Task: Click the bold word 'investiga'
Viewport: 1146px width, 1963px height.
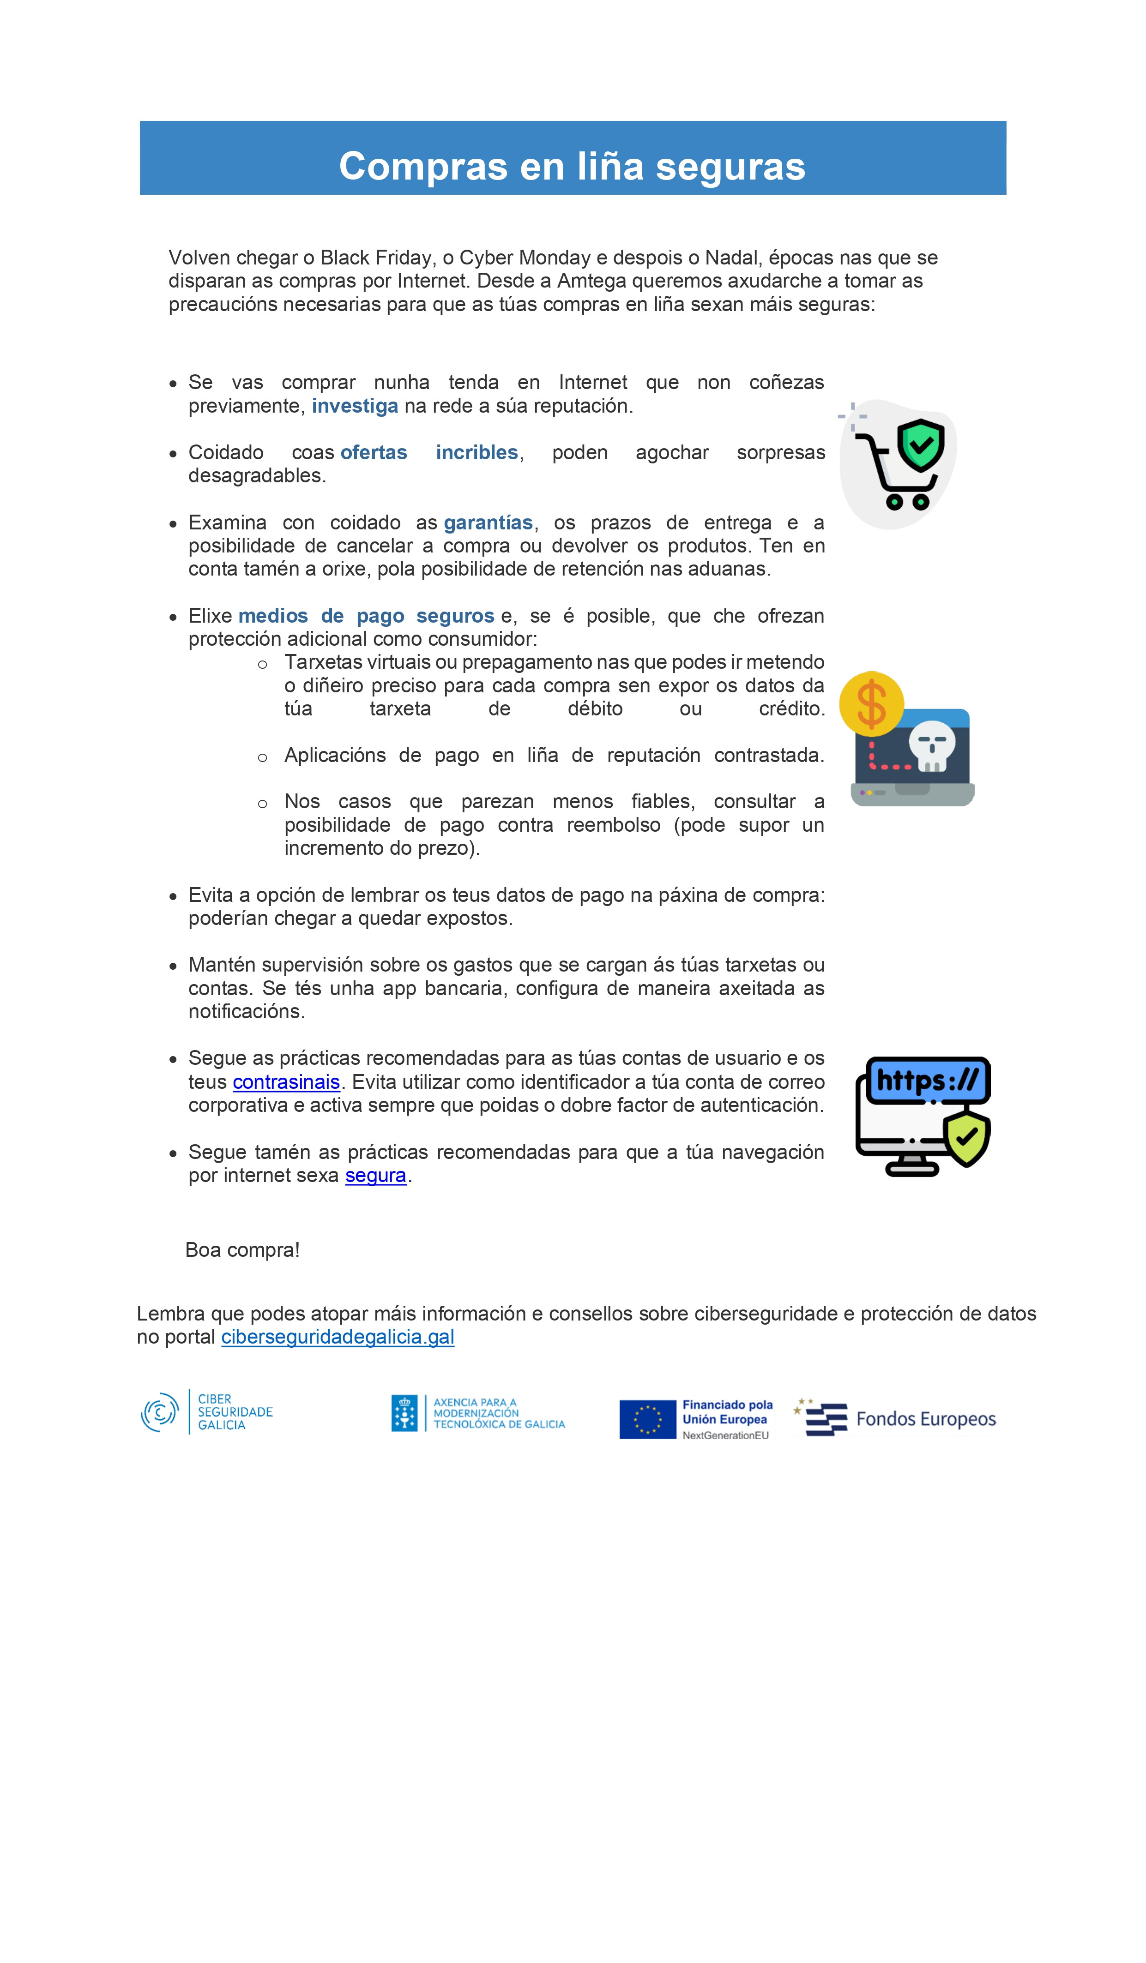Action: pos(355,406)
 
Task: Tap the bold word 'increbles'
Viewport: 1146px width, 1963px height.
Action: pos(477,453)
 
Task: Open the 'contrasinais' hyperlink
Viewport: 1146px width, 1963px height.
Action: pos(286,1082)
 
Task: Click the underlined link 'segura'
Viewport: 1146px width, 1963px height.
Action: pos(375,1176)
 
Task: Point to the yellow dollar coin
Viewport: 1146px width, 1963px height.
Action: pos(871,703)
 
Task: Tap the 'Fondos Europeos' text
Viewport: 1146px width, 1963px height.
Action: pos(925,1419)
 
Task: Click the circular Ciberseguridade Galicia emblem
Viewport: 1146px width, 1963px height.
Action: pos(160,1412)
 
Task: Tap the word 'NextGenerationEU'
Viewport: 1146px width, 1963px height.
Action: pos(725,1435)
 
